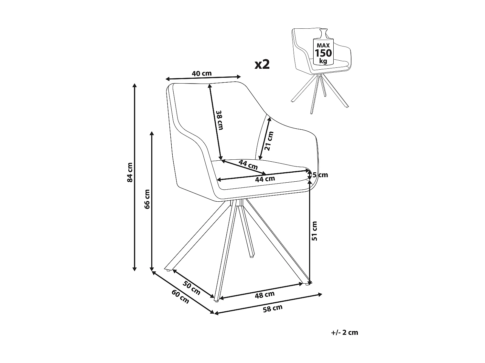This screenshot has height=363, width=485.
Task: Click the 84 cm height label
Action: (130, 172)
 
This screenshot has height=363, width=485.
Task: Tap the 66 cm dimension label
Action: (147, 199)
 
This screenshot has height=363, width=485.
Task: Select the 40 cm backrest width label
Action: (202, 74)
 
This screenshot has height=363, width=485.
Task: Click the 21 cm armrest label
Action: (269, 141)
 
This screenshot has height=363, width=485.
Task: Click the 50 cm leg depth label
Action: (191, 288)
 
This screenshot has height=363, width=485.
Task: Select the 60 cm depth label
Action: (180, 297)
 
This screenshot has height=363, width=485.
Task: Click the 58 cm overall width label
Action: (273, 308)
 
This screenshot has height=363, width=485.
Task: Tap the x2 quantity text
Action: (262, 64)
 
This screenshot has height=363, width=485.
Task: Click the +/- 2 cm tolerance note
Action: (345, 332)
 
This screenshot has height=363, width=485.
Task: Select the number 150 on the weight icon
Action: (323, 53)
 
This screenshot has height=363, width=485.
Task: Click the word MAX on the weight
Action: (323, 46)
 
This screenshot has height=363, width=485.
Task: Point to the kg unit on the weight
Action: (323, 61)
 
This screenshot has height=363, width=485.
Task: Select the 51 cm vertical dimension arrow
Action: (310, 236)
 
